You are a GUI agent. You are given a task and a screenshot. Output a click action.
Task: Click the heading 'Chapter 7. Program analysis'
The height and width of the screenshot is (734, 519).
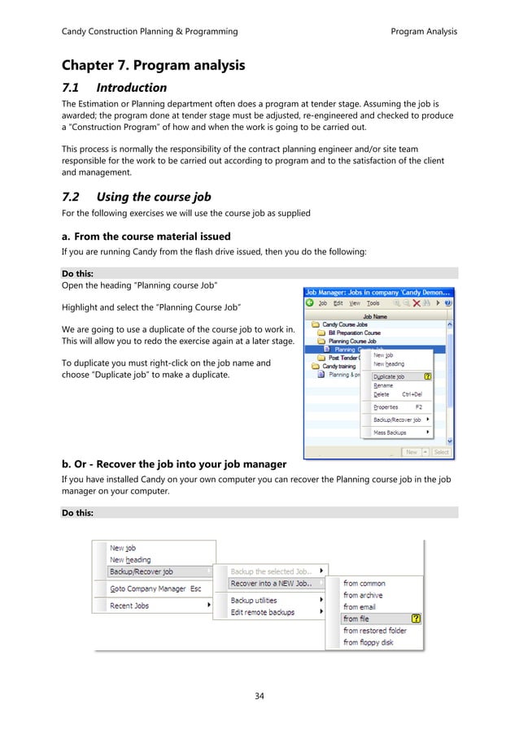point(154,64)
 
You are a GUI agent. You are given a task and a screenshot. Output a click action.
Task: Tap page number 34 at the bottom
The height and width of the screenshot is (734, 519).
point(259,695)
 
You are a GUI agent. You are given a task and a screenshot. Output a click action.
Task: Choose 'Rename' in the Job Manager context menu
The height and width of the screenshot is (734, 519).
point(383,386)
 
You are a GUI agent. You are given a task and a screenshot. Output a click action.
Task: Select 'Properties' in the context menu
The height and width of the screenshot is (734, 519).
point(386,406)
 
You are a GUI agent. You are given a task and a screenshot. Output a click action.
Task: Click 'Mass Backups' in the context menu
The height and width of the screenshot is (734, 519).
point(391,433)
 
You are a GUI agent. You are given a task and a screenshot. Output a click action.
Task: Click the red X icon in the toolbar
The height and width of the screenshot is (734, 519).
point(416,303)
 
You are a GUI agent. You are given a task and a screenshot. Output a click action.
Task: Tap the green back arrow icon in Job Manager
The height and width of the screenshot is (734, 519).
point(310,303)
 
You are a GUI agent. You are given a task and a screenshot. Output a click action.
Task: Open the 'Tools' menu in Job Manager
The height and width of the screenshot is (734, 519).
point(373,303)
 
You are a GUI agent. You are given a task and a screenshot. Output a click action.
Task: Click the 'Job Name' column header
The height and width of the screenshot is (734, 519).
point(374,315)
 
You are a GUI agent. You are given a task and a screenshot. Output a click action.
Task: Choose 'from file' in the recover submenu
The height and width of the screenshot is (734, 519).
point(356,619)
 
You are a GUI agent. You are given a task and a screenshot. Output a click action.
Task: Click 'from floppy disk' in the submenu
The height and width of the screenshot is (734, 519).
point(368,642)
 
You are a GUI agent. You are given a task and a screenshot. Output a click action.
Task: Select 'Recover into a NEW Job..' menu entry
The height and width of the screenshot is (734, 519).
point(270,583)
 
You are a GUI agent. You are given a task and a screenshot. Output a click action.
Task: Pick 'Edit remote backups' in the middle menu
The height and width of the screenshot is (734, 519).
point(263,612)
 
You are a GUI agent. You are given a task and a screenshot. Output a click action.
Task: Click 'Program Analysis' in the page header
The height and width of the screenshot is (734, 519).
point(424,32)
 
